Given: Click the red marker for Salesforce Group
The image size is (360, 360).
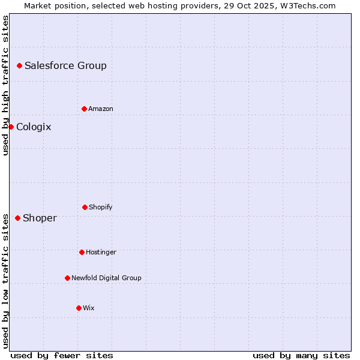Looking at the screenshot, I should [19, 65].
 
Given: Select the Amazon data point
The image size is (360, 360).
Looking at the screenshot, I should [84, 109].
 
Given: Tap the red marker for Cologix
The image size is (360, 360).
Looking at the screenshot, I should [11, 127].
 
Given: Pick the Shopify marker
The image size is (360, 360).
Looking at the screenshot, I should [85, 207].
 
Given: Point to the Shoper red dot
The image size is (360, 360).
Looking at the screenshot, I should [17, 218].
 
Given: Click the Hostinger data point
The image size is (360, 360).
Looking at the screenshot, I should [82, 252].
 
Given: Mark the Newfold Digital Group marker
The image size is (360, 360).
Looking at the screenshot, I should [67, 278].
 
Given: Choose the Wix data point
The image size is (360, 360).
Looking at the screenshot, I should [79, 308].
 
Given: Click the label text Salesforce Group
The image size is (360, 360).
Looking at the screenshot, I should [65, 66].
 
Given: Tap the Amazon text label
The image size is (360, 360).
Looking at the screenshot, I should [101, 109].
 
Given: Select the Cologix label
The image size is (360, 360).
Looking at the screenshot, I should [34, 127].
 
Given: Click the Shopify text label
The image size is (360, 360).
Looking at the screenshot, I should [101, 208].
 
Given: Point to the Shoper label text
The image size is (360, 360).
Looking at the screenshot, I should [40, 218].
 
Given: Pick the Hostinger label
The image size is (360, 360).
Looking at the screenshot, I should [101, 253].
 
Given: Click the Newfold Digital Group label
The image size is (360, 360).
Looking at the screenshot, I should [106, 278].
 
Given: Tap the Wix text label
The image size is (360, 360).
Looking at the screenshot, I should [89, 308].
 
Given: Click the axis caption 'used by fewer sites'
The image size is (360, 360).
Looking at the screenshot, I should [62, 355].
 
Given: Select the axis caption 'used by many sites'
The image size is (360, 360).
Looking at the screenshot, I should [301, 355].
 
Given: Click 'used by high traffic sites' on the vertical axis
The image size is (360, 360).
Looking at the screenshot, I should [5, 85].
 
